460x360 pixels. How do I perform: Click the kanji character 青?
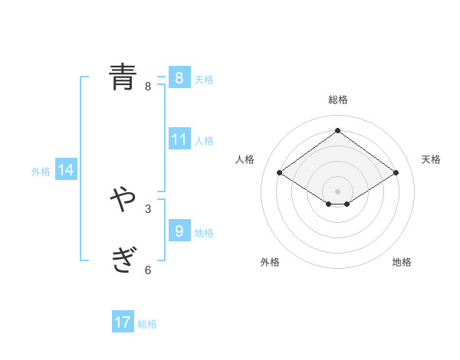tap(123, 77)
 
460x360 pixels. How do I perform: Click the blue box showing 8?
tap(179, 78)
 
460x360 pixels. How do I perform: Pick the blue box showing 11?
tap(179, 139)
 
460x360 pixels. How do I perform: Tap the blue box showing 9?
tap(179, 231)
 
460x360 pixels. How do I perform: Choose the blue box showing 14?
tap(66, 170)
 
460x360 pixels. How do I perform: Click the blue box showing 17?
tap(123, 322)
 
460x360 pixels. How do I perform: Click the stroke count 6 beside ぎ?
tap(148, 270)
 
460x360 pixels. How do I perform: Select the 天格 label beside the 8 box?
tap(204, 80)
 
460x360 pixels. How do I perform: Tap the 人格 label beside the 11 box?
tap(204, 141)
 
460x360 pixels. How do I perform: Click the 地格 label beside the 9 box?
tap(204, 232)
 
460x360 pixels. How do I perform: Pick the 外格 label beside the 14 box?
tap(41, 172)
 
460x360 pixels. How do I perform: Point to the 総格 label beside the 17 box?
tap(147, 324)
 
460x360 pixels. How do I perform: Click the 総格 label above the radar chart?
tap(337, 100)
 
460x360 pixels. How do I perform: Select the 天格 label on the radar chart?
tap(431, 159)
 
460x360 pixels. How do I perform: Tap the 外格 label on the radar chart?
tap(270, 262)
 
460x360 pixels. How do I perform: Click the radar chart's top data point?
tap(337, 130)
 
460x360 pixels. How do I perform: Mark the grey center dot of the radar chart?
tap(337, 191)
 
